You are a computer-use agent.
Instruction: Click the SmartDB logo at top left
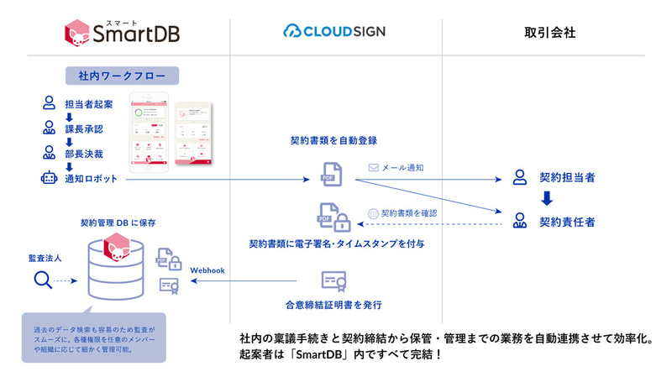click(x=121, y=32)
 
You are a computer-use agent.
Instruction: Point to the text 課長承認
click(x=83, y=128)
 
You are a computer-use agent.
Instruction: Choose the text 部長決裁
click(x=83, y=154)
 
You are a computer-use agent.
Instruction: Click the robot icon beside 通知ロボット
click(x=49, y=178)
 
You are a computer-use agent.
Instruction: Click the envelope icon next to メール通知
click(x=373, y=168)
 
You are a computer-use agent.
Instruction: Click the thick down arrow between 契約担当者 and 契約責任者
click(x=546, y=200)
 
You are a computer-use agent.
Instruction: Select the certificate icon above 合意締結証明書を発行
click(x=333, y=280)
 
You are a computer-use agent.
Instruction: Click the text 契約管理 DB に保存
click(x=118, y=223)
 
